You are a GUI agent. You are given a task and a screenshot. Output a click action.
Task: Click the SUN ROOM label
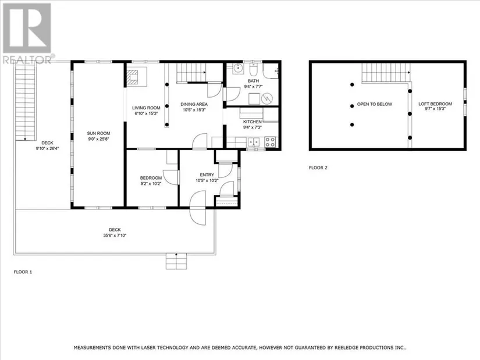click(x=98, y=133)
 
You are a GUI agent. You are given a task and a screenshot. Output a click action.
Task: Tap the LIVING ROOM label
click(x=146, y=108)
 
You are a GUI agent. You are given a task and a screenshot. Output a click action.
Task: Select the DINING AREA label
click(x=194, y=104)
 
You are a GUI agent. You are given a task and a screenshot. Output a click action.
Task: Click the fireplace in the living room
click(x=133, y=77)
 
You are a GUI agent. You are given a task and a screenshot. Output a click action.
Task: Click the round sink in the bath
click(x=237, y=69)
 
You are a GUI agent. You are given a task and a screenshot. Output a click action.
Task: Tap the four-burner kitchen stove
click(x=270, y=142)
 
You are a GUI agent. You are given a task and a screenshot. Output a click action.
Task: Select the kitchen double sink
click(x=254, y=142)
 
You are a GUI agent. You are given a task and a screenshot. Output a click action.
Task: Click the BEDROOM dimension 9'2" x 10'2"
click(x=151, y=184)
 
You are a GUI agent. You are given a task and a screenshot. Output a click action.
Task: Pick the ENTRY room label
click(x=207, y=175)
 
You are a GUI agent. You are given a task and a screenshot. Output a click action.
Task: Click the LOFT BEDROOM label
click(x=435, y=104)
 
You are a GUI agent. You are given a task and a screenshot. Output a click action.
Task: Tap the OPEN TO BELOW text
click(x=374, y=104)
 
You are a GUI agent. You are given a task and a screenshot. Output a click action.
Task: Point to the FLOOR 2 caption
click(x=318, y=167)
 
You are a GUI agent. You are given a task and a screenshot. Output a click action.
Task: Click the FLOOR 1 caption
click(x=23, y=272)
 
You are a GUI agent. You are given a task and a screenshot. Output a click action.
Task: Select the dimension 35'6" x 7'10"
click(x=115, y=236)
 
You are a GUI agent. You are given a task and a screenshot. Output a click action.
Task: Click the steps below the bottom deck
click(x=176, y=261)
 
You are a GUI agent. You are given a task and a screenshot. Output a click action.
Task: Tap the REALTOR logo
click(x=28, y=33)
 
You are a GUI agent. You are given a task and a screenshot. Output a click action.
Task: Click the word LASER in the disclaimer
click(x=150, y=348)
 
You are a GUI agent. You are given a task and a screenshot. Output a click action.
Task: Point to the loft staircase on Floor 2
click(x=386, y=73)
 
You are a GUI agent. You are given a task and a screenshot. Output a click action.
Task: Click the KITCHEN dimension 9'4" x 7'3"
click(x=253, y=127)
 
